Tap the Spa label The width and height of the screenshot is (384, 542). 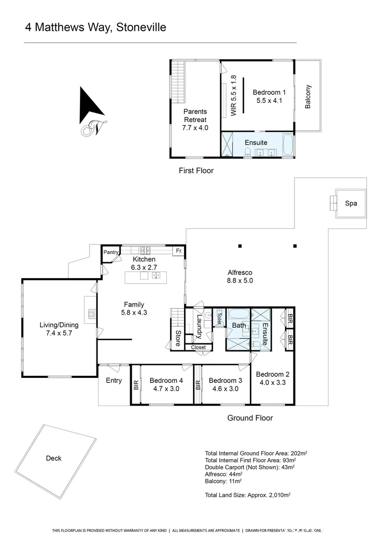[x=350, y=204]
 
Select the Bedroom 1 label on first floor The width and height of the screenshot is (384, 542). [x=269, y=92]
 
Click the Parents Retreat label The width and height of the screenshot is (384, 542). [x=195, y=115]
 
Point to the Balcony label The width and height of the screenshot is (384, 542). [x=308, y=96]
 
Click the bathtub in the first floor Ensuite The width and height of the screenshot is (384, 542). [x=287, y=146]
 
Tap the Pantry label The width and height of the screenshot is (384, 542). [x=110, y=252]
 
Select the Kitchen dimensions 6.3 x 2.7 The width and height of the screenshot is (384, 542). [x=144, y=267]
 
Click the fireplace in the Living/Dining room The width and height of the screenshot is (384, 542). [x=90, y=314]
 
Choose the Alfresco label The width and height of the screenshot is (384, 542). [x=239, y=273]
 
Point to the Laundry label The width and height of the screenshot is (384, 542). [x=199, y=327]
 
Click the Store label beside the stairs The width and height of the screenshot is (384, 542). [x=177, y=339]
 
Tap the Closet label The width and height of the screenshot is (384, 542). [x=198, y=347]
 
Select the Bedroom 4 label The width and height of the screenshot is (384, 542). [x=166, y=380]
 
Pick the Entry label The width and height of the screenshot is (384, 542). [x=114, y=380]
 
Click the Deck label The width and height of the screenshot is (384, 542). [x=53, y=458]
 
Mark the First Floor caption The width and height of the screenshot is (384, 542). [x=196, y=171]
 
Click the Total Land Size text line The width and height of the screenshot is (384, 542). [x=248, y=494]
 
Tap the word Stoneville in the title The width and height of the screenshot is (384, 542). [x=141, y=27]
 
